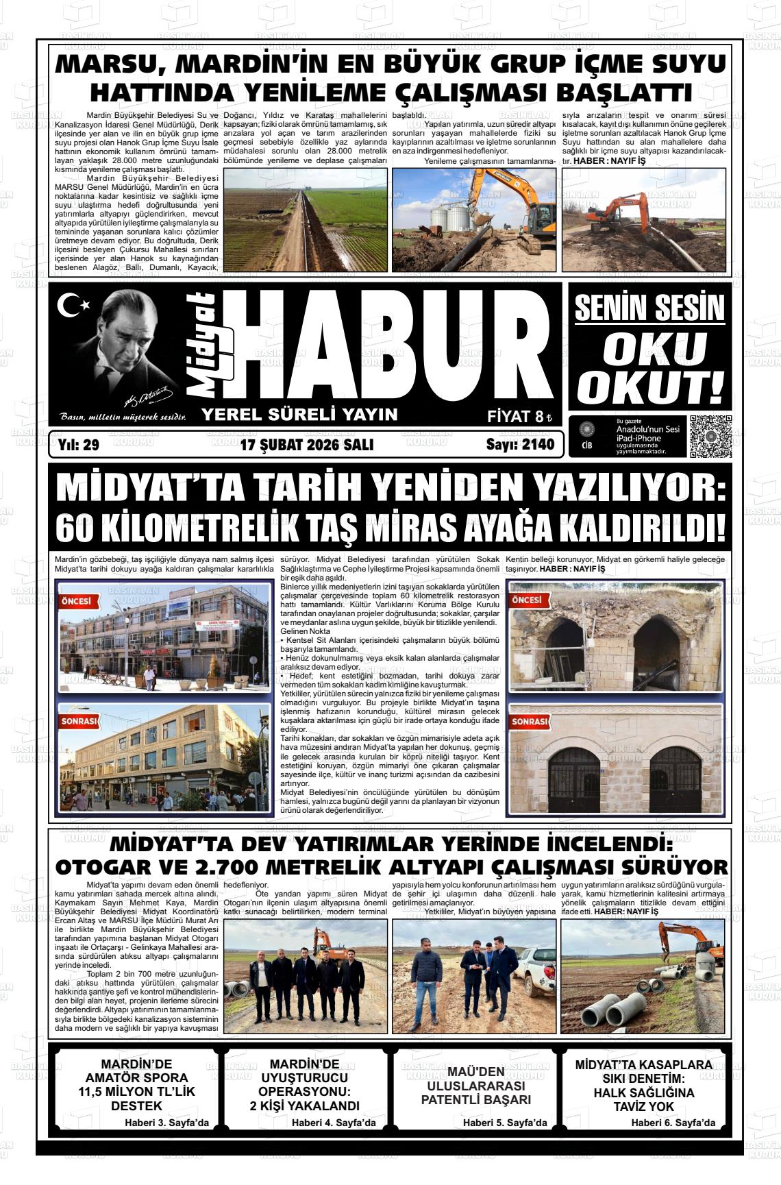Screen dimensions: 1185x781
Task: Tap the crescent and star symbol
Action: [73, 305]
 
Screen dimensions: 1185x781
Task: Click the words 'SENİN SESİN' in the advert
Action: [649, 308]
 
